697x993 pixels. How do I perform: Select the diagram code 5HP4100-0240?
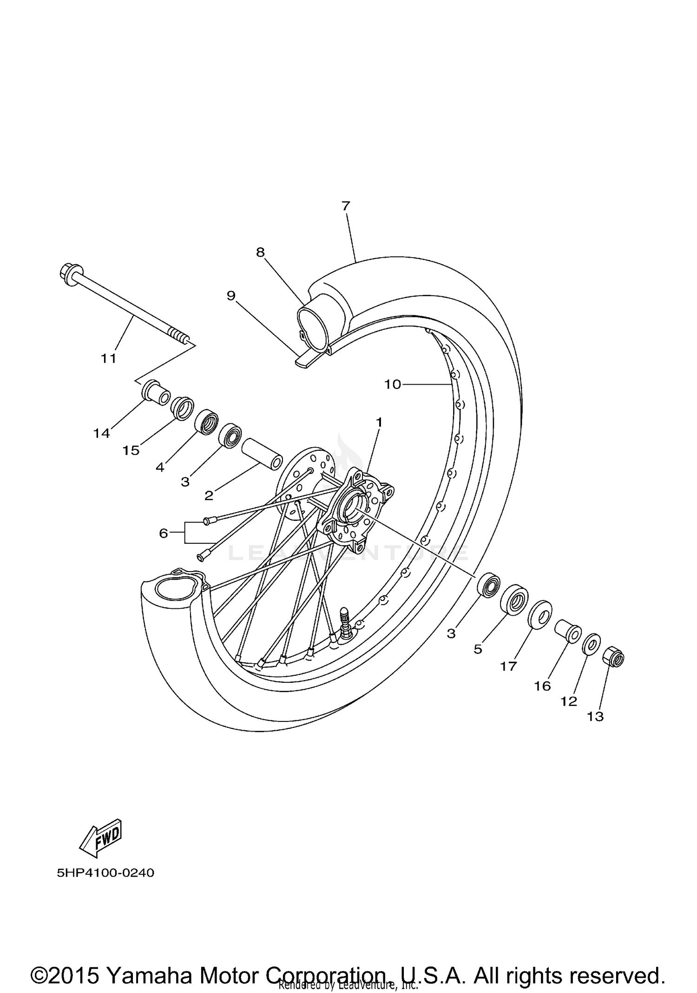click(105, 873)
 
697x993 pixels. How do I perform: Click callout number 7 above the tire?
click(346, 206)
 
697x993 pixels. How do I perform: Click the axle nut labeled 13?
click(613, 657)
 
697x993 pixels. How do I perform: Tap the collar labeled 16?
click(568, 630)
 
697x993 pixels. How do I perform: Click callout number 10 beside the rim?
click(393, 384)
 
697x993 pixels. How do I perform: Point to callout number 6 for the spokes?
click(163, 533)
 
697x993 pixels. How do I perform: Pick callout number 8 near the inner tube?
click(260, 252)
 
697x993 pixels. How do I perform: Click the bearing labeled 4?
click(206, 421)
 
